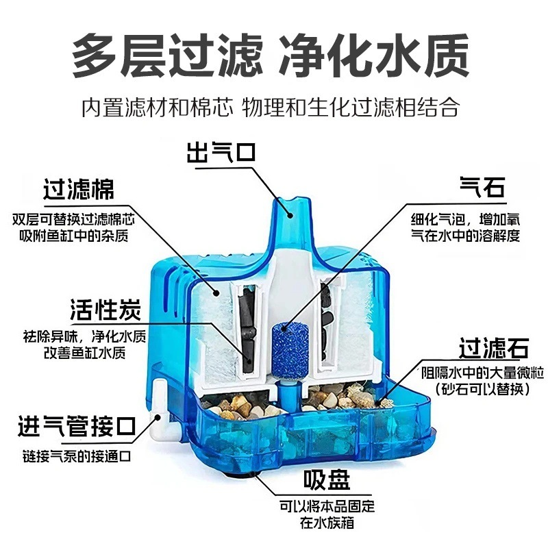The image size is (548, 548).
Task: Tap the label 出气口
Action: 221,151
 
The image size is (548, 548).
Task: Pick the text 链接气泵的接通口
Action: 76,456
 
